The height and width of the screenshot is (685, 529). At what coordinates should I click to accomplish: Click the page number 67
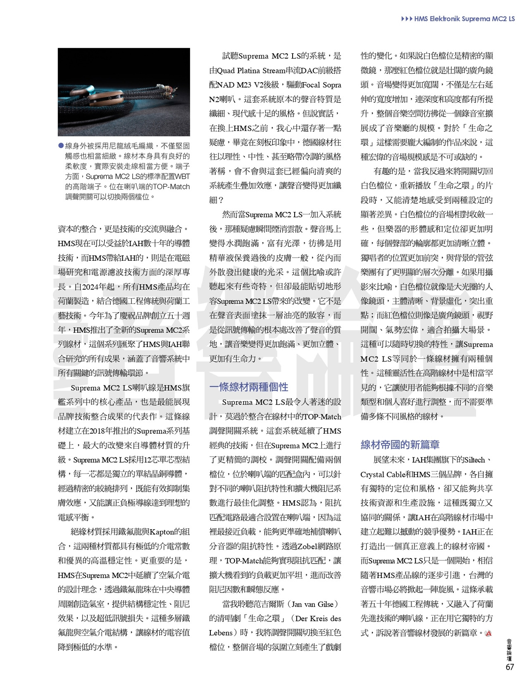pos(510,667)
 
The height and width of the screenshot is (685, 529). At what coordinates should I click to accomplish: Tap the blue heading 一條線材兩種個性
pos(248,387)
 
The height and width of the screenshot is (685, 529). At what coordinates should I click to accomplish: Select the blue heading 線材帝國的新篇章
pos(400,445)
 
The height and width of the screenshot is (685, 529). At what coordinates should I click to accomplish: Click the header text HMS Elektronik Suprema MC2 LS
pos(465,19)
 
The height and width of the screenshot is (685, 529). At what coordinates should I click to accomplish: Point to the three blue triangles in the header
pos(407,19)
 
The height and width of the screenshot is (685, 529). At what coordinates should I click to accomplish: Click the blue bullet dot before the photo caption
pos(61,146)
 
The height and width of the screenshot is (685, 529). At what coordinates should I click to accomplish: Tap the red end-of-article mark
pos(488,633)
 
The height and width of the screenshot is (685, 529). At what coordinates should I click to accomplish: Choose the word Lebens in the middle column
pos(221,633)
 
